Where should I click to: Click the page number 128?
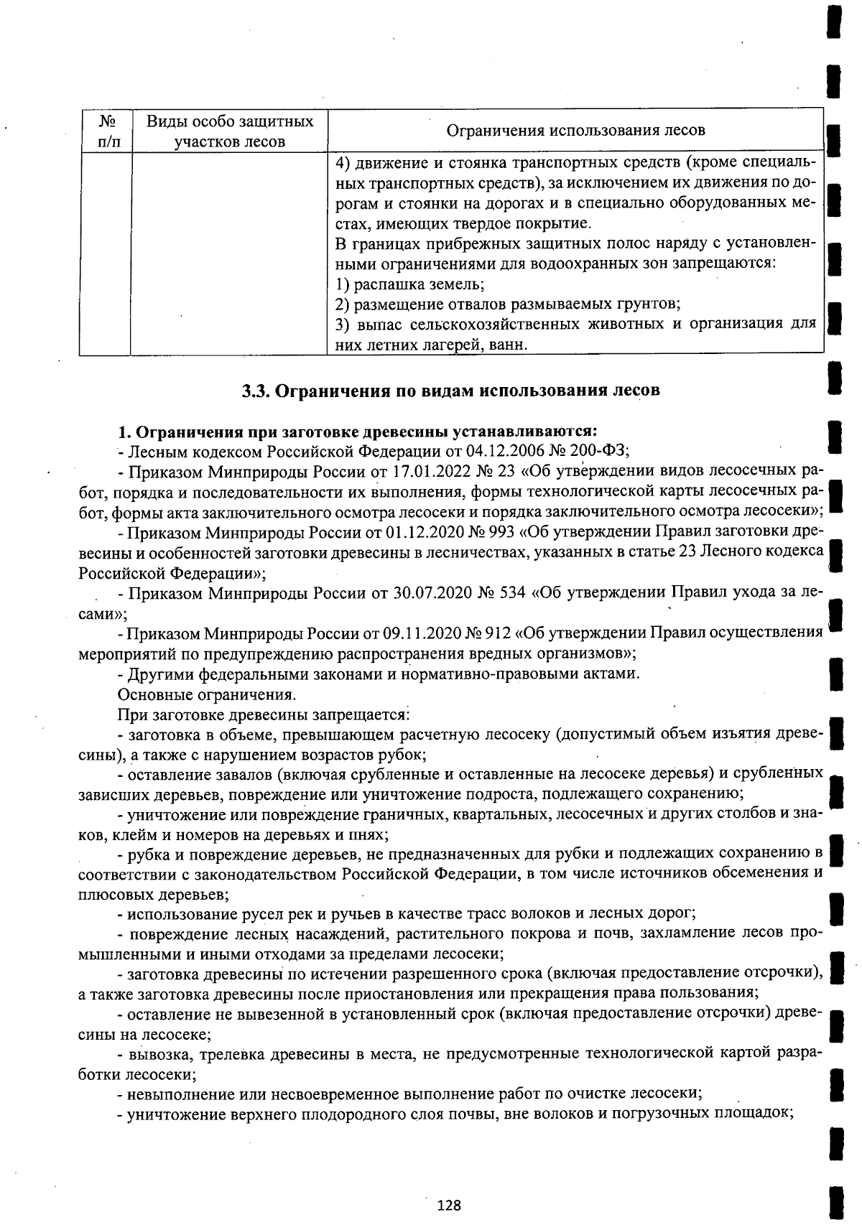pos(449,1205)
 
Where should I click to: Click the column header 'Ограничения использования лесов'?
pos(575,130)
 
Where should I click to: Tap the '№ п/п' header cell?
pos(105,131)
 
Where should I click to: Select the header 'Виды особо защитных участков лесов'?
pos(230,131)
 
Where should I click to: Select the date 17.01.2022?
pos(430,472)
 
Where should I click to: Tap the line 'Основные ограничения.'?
pos(206,694)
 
